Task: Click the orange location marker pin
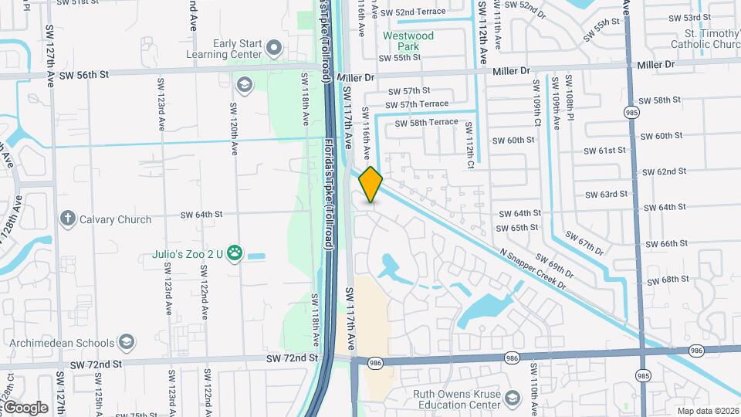click(370, 184)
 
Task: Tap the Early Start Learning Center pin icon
click(273, 49)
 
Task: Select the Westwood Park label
click(408, 41)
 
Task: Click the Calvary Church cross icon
click(67, 219)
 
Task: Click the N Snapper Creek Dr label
click(533, 270)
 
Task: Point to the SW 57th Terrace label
click(416, 104)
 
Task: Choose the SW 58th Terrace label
click(426, 122)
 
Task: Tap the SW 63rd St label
click(607, 195)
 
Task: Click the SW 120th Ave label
click(232, 120)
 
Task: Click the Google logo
click(25, 407)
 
